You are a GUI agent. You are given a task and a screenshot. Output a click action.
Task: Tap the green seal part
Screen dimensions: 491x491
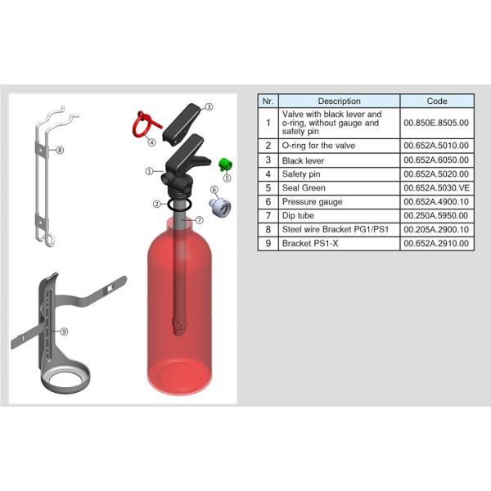pyautogui.click(x=225, y=164)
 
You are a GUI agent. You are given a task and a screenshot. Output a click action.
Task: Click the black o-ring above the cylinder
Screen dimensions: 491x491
pyautogui.click(x=179, y=204)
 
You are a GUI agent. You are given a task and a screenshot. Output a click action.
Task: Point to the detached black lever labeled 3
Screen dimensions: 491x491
pyautogui.click(x=182, y=124)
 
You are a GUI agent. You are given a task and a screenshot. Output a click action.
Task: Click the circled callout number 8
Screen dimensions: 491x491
pyautogui.click(x=60, y=150)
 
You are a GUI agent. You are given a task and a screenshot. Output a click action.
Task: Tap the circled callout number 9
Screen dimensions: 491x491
pyautogui.click(x=64, y=331)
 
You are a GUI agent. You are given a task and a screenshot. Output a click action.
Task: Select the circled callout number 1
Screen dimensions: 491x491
pyautogui.click(x=150, y=171)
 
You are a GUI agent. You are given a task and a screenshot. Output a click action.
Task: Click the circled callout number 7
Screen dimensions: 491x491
pyautogui.click(x=200, y=220)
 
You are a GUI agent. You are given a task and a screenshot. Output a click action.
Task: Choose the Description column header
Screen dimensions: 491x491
pyautogui.click(x=339, y=101)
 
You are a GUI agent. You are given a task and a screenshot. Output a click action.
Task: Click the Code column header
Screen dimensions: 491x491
pyautogui.click(x=437, y=101)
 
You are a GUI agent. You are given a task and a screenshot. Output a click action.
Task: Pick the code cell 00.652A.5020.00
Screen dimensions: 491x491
pyautogui.click(x=437, y=174)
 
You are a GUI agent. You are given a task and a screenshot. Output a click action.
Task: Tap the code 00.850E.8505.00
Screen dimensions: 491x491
pyautogui.click(x=436, y=123)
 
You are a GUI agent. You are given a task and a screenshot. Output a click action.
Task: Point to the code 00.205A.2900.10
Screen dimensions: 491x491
pyautogui.click(x=436, y=229)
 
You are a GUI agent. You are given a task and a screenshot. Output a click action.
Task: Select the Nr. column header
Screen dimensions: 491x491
pyautogui.click(x=268, y=101)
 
